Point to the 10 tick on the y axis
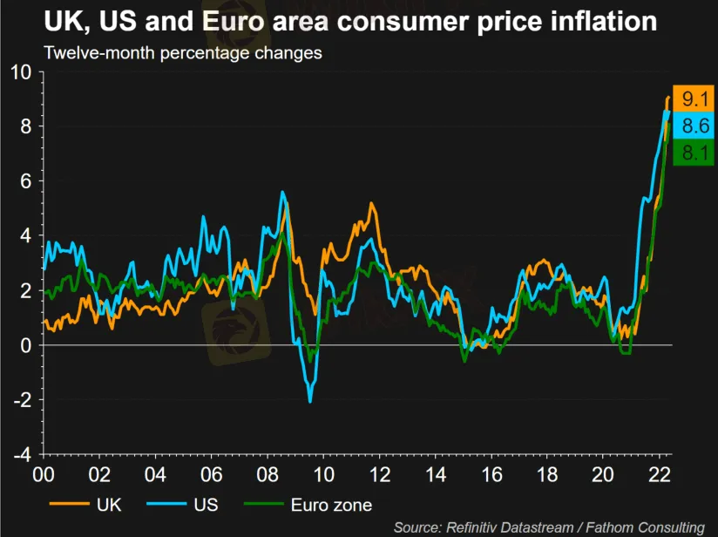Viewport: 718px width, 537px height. (20, 72)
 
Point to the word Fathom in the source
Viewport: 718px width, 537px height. (609, 527)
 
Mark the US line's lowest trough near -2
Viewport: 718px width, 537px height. (309, 401)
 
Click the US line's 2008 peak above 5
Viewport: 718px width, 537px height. (282, 192)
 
